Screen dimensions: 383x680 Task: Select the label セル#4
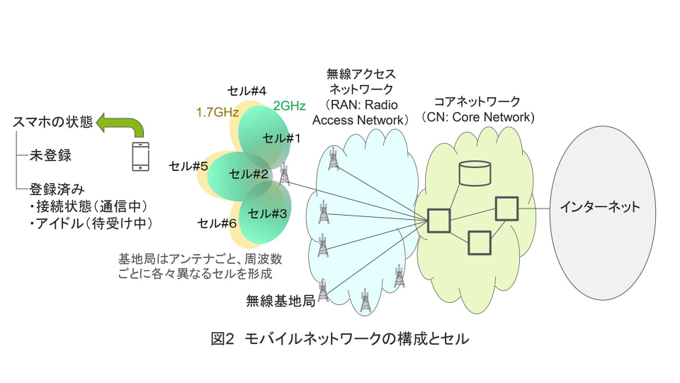point(246,91)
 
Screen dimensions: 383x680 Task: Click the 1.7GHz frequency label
point(217,111)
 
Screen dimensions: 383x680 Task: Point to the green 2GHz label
point(289,106)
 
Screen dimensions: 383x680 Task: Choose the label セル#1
point(281,138)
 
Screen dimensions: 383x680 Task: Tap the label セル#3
point(268,212)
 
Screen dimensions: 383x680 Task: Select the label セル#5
point(188,167)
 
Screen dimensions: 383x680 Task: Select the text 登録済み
point(57,189)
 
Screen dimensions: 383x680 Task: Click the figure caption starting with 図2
point(340,339)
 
